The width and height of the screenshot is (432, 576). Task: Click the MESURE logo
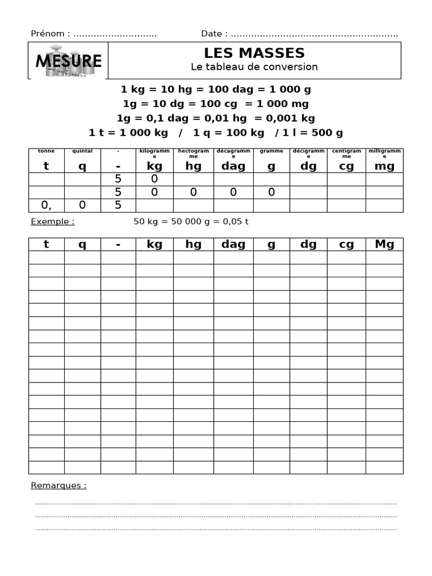click(x=68, y=61)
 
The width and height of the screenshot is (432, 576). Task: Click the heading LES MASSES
click(x=254, y=53)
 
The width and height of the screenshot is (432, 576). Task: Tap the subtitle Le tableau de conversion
click(x=254, y=67)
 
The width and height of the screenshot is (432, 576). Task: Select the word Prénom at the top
click(x=48, y=34)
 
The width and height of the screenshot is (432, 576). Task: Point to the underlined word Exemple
click(x=52, y=222)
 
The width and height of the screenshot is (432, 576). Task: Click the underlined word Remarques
click(x=58, y=485)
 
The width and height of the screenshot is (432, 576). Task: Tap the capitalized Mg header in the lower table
click(x=384, y=244)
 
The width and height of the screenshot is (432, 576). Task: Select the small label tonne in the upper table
click(x=46, y=151)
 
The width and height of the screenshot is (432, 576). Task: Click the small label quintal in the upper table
click(x=82, y=151)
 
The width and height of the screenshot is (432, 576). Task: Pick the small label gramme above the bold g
click(x=272, y=151)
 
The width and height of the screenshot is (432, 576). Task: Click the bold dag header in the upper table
click(x=233, y=166)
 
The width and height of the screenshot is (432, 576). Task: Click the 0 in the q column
click(x=82, y=205)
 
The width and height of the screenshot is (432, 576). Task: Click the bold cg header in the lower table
click(x=346, y=244)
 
